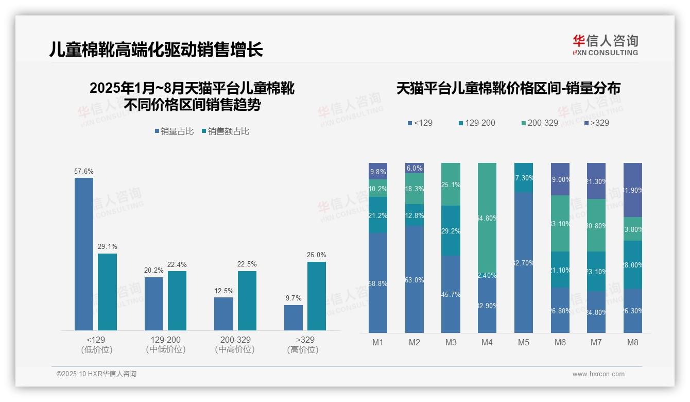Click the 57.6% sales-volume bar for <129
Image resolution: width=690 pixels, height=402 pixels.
point(84,254)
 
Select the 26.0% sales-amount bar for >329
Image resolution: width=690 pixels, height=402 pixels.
point(317,296)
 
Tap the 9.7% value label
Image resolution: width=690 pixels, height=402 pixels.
point(293,298)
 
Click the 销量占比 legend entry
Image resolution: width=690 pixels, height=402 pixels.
point(174,131)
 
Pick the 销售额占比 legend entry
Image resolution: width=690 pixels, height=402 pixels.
point(226,131)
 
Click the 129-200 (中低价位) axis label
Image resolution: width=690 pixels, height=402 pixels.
point(165,344)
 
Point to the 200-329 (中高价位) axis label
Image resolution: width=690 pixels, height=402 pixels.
point(235,344)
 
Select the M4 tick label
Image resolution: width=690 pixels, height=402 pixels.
point(487,342)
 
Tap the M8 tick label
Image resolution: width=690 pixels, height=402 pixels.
point(632,342)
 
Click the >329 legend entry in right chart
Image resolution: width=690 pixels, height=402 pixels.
point(597,123)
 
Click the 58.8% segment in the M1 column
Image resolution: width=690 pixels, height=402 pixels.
point(378,282)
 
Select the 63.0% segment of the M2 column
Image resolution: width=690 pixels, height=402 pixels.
point(415,279)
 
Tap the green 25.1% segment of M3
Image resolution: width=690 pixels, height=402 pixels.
point(451,184)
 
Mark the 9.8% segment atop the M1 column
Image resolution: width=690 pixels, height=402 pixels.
point(378,171)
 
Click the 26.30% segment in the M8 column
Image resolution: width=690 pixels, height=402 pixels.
point(632,310)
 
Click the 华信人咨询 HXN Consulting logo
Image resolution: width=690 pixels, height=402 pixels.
point(605,45)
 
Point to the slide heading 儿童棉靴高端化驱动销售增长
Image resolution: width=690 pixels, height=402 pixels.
point(156,49)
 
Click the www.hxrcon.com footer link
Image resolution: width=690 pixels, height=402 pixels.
point(598,374)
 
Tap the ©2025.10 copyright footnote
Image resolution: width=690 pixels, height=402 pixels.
point(96,374)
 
